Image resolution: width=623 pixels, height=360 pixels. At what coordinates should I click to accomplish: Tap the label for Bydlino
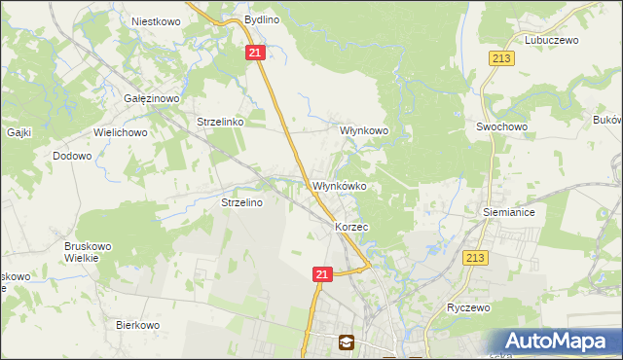pyautogui.click(x=262, y=19)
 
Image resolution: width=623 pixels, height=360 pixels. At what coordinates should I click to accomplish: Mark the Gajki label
pyautogui.click(x=20, y=131)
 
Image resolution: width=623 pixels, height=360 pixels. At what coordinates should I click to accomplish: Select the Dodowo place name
pyautogui.click(x=72, y=155)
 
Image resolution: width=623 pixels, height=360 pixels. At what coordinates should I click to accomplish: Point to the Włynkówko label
pyautogui.click(x=338, y=186)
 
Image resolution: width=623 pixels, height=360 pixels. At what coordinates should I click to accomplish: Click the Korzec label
pyautogui.click(x=351, y=226)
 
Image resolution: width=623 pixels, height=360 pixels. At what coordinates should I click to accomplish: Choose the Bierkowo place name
pyautogui.click(x=137, y=325)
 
